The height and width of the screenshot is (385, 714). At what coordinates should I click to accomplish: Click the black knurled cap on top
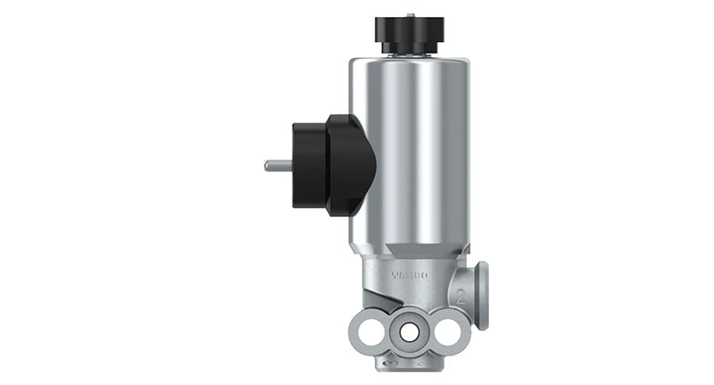410,33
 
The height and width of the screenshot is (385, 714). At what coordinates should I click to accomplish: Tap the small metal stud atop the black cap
410,15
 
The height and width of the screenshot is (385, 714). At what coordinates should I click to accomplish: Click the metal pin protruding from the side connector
278,164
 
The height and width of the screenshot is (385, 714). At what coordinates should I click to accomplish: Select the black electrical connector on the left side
330,164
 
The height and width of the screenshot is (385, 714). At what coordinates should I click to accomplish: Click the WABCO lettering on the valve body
410,276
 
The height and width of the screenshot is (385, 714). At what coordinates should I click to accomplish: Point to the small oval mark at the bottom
386,365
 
